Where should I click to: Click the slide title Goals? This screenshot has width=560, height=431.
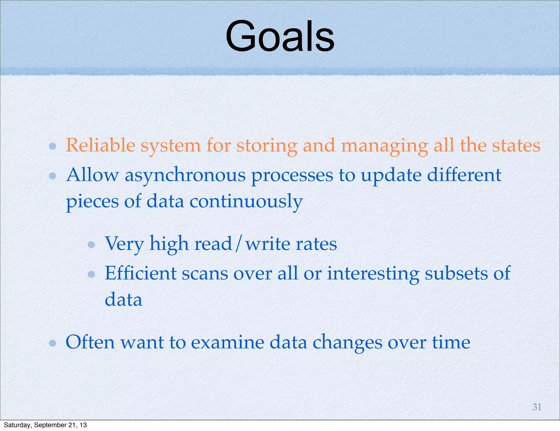coord(280,37)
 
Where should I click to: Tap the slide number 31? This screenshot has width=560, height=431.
coord(537,407)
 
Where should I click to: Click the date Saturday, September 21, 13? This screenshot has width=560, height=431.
coord(45,425)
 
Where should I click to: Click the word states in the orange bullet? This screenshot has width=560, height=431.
coord(516,145)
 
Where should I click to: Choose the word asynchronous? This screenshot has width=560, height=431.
coord(185,175)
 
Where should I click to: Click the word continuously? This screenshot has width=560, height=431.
coord(246,202)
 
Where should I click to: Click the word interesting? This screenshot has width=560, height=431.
coord(373,273)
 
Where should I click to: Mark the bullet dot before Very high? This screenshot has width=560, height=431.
coord(91,244)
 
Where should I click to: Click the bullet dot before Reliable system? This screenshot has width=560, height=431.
coord(52,146)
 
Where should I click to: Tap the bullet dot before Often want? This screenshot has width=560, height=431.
coord(52,343)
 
